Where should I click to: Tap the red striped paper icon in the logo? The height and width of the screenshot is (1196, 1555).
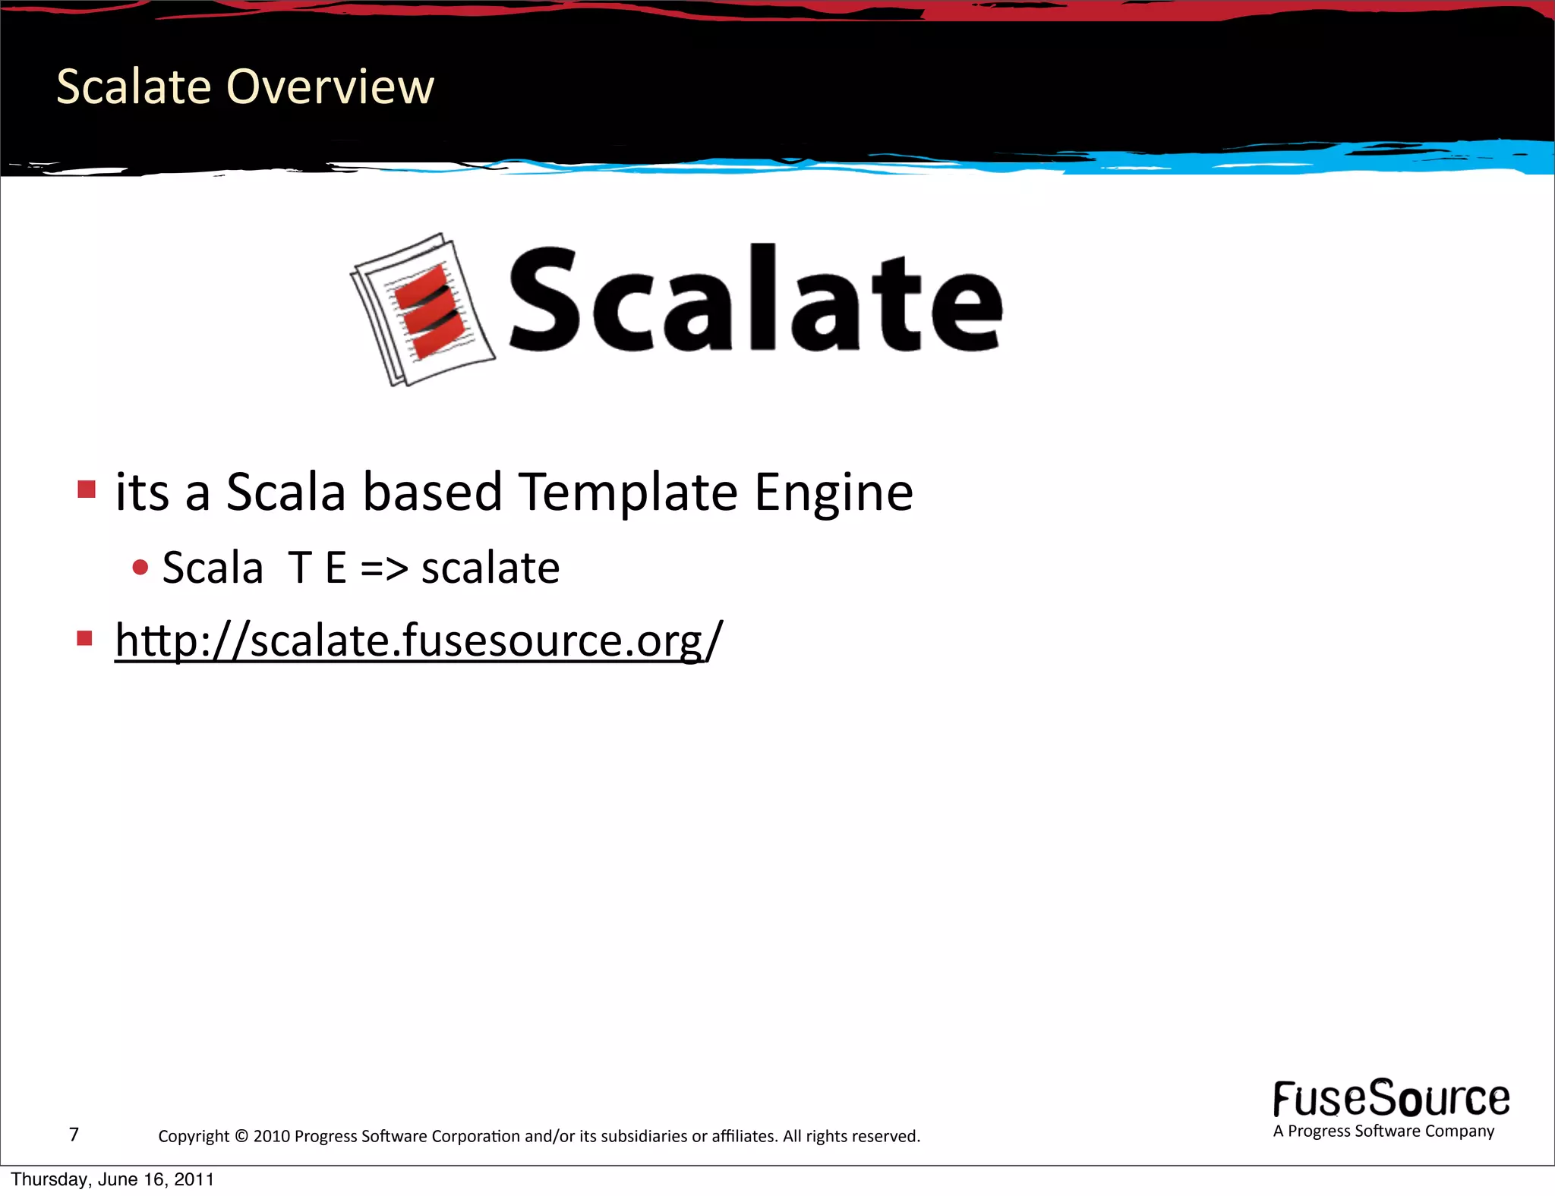[x=422, y=310]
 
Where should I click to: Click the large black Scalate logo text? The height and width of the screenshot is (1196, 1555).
[x=755, y=299]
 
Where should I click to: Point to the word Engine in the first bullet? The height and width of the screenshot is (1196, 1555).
[x=833, y=493]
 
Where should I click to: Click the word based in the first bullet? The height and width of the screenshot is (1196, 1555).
[x=432, y=492]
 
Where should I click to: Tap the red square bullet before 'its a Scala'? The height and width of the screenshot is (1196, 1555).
[x=87, y=489]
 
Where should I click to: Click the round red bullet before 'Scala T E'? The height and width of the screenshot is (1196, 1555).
[x=140, y=567]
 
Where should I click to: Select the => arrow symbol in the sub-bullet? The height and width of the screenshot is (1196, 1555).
[x=383, y=568]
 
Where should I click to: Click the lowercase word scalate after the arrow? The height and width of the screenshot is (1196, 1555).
[x=490, y=568]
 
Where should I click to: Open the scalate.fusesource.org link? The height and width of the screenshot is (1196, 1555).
[x=418, y=640]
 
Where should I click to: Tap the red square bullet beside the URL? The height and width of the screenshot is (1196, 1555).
[x=85, y=637]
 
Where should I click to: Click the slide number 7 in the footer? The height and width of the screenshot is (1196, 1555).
[x=74, y=1135]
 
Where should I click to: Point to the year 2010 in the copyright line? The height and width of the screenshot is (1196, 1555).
[x=272, y=1136]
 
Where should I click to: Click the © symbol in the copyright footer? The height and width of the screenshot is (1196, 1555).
[x=241, y=1136]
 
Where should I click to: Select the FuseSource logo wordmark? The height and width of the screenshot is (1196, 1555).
[x=1391, y=1099]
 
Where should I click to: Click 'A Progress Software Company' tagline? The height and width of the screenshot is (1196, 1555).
[x=1383, y=1131]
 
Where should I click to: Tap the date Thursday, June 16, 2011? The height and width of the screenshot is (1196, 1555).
[x=112, y=1179]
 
